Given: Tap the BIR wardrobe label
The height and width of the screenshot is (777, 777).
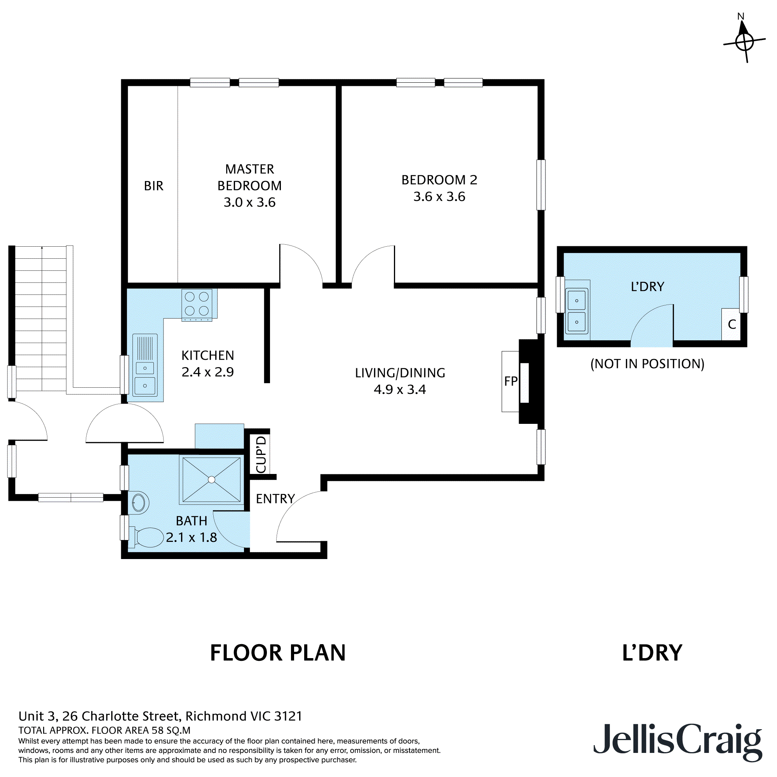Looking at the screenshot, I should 153,186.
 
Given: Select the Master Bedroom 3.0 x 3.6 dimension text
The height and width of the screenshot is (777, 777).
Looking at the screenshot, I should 249,202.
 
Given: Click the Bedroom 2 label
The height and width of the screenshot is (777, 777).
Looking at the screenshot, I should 439,180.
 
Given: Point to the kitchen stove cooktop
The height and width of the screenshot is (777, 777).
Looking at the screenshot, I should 197,304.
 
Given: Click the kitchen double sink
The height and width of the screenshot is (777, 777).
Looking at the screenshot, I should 145,376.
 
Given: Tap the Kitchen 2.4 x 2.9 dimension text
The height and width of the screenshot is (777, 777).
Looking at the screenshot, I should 207,372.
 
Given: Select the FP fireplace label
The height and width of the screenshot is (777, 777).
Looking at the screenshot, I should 510,381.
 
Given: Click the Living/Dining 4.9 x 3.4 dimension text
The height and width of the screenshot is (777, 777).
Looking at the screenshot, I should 399,389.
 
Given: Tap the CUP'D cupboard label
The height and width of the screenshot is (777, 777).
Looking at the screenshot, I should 261,454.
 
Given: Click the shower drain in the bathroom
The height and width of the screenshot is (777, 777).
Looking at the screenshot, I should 212,479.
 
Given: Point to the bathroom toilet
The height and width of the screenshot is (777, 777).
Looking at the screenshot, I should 147,537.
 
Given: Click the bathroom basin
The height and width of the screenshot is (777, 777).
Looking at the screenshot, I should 139,503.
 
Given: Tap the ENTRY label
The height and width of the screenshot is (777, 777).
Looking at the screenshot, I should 275,499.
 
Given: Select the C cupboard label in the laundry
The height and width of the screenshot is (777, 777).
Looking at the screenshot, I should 732,324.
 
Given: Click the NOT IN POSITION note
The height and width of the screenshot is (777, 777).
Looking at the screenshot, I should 647,364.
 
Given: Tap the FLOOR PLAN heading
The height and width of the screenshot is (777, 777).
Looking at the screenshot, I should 277,653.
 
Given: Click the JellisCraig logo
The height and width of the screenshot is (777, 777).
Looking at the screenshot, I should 677,745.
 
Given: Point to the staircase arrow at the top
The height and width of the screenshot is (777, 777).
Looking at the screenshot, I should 42,248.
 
